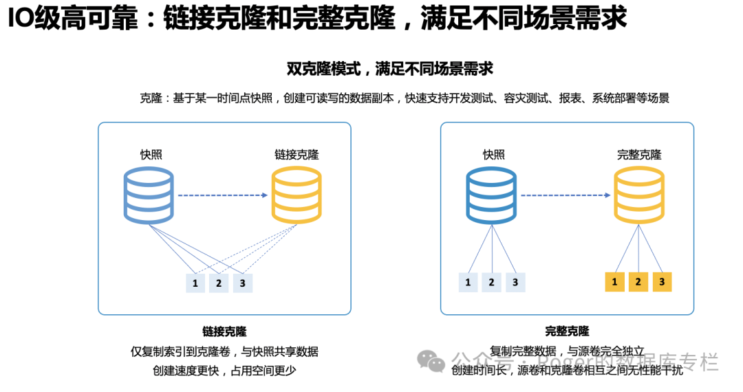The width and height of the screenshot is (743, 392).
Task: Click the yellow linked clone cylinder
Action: pyautogui.click(x=296, y=195)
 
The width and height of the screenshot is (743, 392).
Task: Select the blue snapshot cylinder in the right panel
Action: pyautogui.click(x=491, y=195)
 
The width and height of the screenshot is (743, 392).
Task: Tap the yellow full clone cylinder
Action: pyautogui.click(x=639, y=195)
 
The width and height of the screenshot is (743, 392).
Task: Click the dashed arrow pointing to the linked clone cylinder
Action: pyautogui.click(x=222, y=195)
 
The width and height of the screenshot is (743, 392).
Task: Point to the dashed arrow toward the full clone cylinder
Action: pyautogui.click(x=566, y=195)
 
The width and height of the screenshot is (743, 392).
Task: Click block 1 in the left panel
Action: pyautogui.click(x=195, y=283)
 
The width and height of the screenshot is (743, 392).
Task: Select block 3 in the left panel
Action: pyautogui.click(x=242, y=283)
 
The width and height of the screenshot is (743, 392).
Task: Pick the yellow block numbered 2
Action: pyautogui.click(x=638, y=281)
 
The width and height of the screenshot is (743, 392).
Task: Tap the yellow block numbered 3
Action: pyautogui.click(x=662, y=281)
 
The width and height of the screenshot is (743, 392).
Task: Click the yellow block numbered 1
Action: pyautogui.click(x=614, y=281)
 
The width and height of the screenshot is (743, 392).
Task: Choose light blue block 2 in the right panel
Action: pyautogui.click(x=491, y=281)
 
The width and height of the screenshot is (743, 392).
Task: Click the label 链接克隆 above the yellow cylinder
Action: pyautogui.click(x=297, y=155)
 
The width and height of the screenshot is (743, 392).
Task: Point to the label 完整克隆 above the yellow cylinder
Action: pyautogui.click(x=639, y=155)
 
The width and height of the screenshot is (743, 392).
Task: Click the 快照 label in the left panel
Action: pyautogui.click(x=151, y=155)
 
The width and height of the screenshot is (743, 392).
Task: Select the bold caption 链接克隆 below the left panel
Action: pyautogui.click(x=224, y=331)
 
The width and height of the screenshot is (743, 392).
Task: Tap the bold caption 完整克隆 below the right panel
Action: pyautogui.click(x=567, y=331)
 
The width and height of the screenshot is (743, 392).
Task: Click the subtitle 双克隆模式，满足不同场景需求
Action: pyautogui.click(x=390, y=69)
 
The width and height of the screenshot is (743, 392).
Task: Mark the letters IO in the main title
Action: pyautogui.click(x=23, y=19)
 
